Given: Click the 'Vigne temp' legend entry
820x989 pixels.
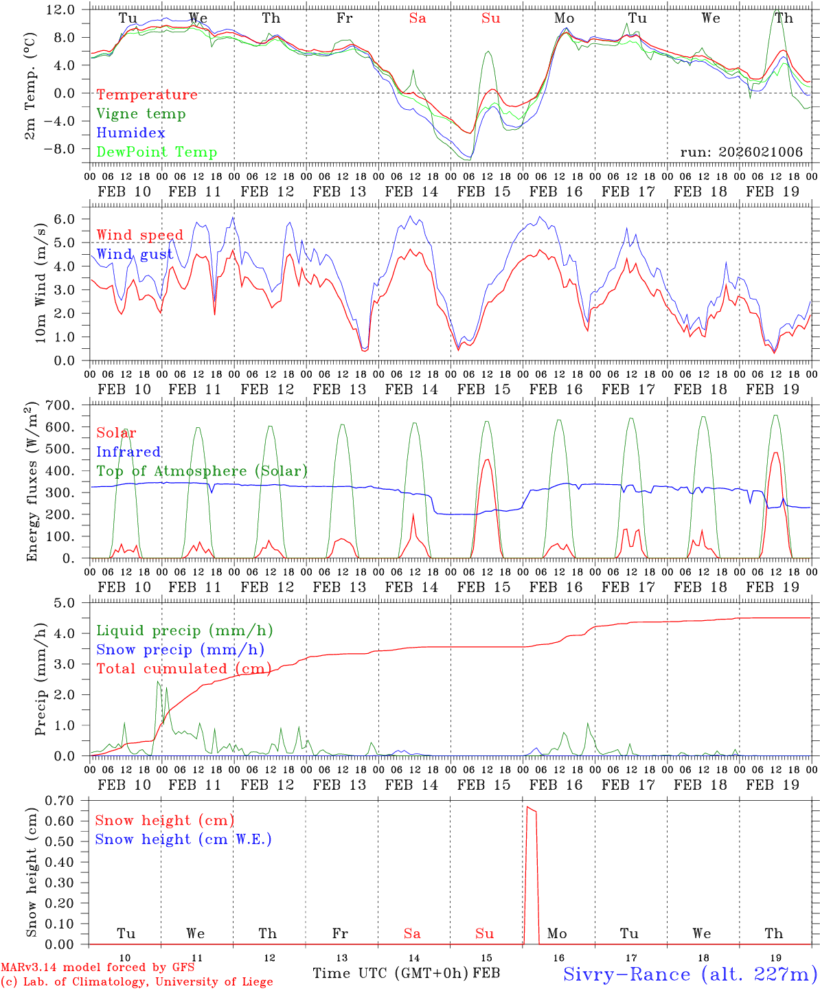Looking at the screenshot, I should click(141, 114).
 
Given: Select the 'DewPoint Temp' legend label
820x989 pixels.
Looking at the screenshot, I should click(157, 152).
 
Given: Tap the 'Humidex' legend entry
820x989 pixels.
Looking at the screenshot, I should click(130, 133).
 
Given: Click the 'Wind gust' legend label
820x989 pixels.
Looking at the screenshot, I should click(135, 255).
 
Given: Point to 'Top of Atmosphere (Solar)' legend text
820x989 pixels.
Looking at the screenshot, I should click(202, 471).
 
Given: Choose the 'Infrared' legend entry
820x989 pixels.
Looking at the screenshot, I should click(128, 452).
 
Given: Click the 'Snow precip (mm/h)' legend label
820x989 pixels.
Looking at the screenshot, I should click(180, 650).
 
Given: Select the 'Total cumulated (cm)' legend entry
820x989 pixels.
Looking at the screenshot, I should click(183, 669).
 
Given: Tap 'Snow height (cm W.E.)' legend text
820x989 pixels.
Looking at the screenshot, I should click(183, 839).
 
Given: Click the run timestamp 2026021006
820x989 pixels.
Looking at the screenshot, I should click(741, 152).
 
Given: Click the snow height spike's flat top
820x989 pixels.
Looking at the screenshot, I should click(531, 809).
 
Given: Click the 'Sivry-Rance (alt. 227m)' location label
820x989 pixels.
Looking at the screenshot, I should click(690, 975).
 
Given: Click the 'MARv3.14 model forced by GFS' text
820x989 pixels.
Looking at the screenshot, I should click(98, 968).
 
